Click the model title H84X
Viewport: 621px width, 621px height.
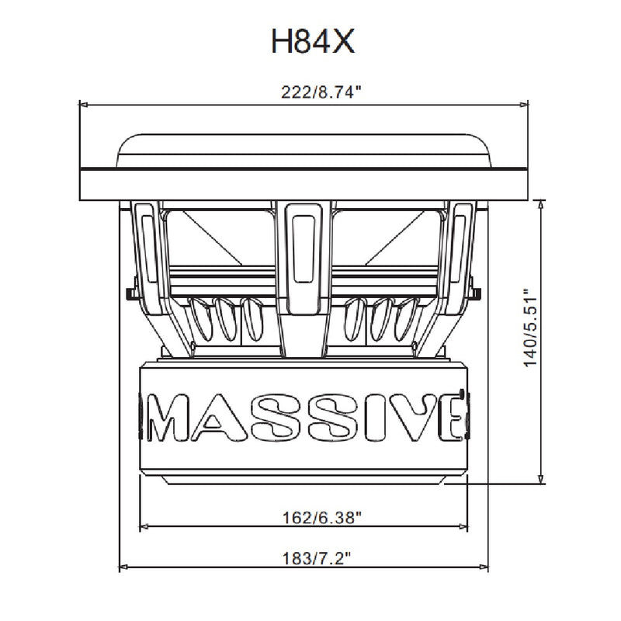pos(313,41)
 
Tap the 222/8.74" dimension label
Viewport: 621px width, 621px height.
pos(321,92)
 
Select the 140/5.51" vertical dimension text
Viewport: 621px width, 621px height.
pos(529,328)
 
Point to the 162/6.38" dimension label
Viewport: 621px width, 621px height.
pos(321,518)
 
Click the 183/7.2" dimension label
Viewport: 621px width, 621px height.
pos(317,559)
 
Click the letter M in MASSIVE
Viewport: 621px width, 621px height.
pos(166,417)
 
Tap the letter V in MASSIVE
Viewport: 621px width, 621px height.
pos(413,417)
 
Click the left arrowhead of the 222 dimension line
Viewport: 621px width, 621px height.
pos(83,105)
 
